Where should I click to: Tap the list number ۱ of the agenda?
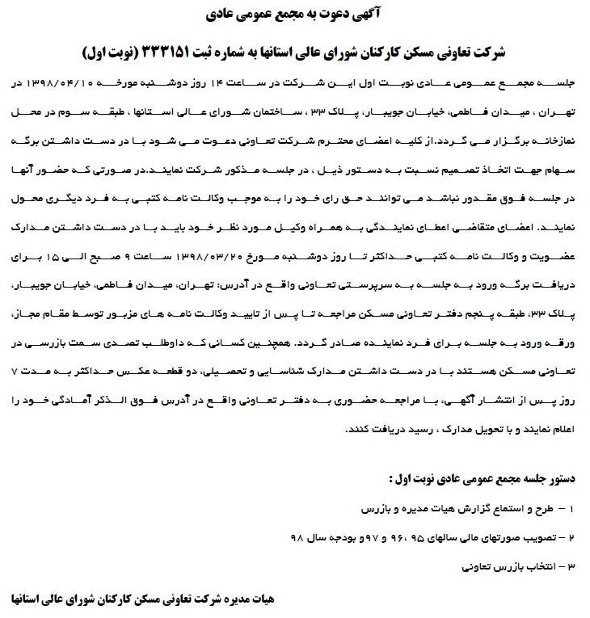[571, 510]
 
